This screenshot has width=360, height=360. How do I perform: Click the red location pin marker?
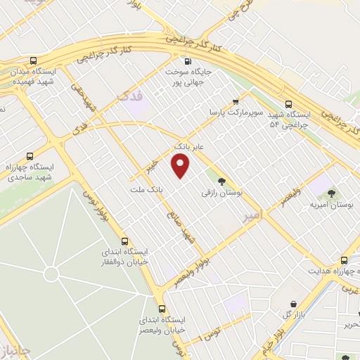181,165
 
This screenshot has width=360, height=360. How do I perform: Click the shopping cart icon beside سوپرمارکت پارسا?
235,101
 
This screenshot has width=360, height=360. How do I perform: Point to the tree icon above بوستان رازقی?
221,181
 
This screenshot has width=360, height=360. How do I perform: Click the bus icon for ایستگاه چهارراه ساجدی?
29,155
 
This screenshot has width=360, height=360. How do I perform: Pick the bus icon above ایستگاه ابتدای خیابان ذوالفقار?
124,240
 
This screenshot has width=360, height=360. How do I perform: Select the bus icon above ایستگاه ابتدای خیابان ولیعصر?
162,309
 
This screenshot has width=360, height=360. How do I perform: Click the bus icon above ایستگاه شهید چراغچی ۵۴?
289,103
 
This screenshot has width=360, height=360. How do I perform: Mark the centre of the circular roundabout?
51,273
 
